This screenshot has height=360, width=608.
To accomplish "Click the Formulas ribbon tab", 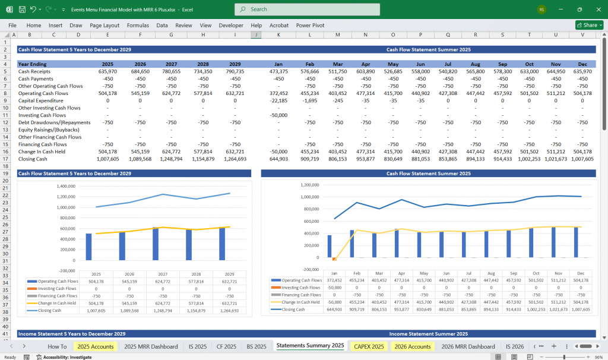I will click(138, 26).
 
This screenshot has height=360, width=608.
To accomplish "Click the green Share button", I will click(589, 26).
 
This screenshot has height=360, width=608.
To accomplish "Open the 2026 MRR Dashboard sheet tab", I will click(468, 346).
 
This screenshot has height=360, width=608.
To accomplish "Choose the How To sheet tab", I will click(57, 346).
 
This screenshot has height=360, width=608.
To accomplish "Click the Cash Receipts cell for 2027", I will click(171, 71).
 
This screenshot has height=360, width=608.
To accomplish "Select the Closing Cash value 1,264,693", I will click(235, 159).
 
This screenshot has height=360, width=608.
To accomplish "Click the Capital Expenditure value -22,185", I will click(278, 100).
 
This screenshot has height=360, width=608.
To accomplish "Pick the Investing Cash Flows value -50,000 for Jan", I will click(278, 115).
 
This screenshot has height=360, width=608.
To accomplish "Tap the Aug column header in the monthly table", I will click(476, 64).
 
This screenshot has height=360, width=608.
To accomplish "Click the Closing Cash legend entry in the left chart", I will click(50, 310).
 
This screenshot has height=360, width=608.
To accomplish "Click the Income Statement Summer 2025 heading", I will click(428, 334).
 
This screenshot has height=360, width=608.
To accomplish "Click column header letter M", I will click(337, 35).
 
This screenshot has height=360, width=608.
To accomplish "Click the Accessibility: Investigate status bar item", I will click(64, 357).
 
